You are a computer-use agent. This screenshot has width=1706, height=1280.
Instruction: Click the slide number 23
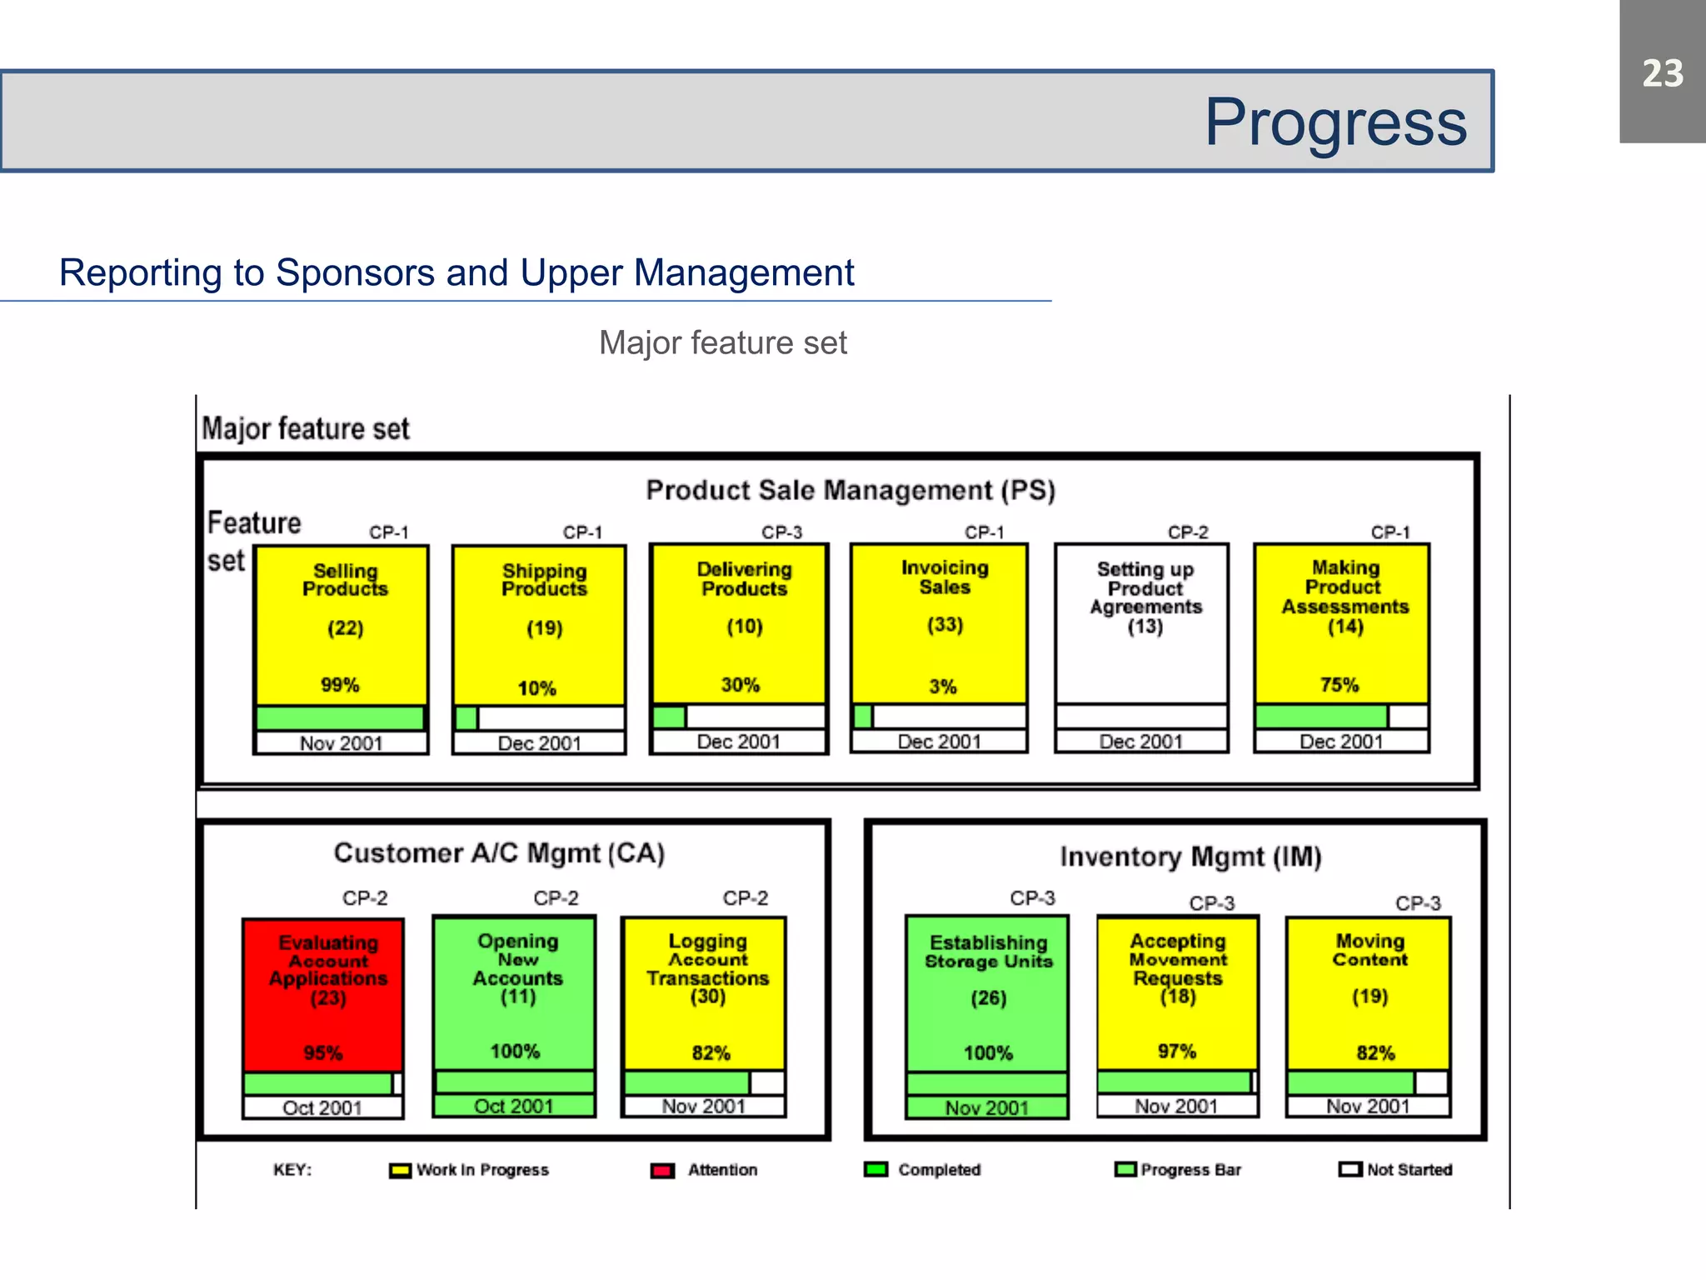click(x=1662, y=73)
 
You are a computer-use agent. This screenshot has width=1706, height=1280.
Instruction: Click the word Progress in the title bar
click(x=1335, y=122)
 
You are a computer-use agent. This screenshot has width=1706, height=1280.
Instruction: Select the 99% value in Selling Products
click(x=340, y=685)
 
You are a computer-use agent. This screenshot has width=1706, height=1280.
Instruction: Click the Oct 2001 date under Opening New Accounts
click(x=513, y=1106)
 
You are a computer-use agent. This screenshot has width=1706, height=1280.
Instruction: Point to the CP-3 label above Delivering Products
click(x=781, y=532)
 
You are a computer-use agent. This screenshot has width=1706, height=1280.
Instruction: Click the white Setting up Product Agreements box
click(x=1141, y=625)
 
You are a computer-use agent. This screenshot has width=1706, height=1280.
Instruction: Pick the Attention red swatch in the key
click(x=662, y=1171)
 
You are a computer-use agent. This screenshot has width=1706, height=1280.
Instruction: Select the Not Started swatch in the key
click(x=1349, y=1169)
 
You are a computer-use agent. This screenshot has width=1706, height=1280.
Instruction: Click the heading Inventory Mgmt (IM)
click(x=1190, y=857)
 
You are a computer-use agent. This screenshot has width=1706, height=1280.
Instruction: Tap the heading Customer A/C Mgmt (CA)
click(x=499, y=852)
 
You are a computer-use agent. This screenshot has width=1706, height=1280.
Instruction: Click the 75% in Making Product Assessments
click(x=1339, y=685)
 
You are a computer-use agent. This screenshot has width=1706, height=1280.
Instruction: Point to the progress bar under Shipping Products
click(x=539, y=717)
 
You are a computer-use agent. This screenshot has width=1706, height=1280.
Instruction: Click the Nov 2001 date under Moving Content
click(x=1368, y=1106)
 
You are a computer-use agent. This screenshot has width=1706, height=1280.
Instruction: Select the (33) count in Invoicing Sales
click(x=945, y=625)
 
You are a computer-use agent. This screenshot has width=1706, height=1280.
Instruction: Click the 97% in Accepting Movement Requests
click(x=1176, y=1051)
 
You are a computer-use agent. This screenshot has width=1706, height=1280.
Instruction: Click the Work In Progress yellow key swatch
click(x=400, y=1171)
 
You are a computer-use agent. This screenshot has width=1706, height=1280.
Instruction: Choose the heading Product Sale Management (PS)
click(x=851, y=490)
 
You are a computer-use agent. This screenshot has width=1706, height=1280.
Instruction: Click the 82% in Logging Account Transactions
click(x=711, y=1052)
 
